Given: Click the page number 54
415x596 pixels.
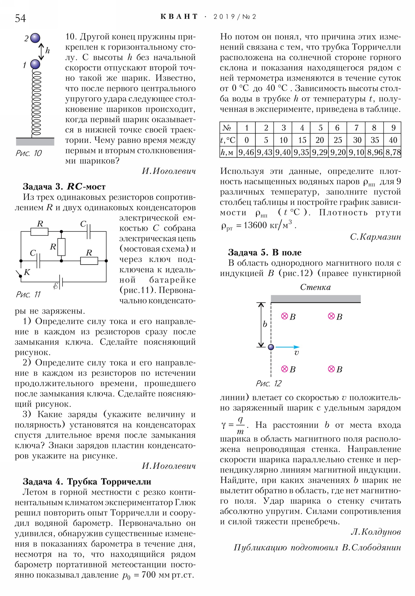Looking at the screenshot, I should pos(20,18).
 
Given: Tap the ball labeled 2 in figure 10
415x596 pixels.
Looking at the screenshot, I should pos(35,38).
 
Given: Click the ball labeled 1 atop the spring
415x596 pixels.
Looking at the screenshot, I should pos(35,64).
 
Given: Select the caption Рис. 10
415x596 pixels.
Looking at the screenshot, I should pos(29,153).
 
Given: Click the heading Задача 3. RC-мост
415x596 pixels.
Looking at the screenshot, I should pos(64,186).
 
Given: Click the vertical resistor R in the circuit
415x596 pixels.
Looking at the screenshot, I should pos(61,247).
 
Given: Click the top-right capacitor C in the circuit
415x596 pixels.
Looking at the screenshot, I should pos(89,231).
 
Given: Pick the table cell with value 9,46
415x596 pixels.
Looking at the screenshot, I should pos(246,152).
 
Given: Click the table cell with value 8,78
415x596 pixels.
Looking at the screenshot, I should pos(393,152).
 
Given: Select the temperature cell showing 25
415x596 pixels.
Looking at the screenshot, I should pos(337,140).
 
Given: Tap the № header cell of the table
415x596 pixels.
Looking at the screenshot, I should pos(227,128).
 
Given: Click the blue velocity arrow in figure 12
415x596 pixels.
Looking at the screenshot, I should pos(287,347).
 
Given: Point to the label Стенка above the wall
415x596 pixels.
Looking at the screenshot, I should pos(315,287).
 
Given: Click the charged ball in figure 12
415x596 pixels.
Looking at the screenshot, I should pos(271,347).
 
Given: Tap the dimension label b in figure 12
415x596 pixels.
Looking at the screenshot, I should pos(265,324).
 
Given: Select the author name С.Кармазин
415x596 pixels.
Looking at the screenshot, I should pos(375,237).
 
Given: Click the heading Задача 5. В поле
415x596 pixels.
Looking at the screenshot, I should pos(265,252).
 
